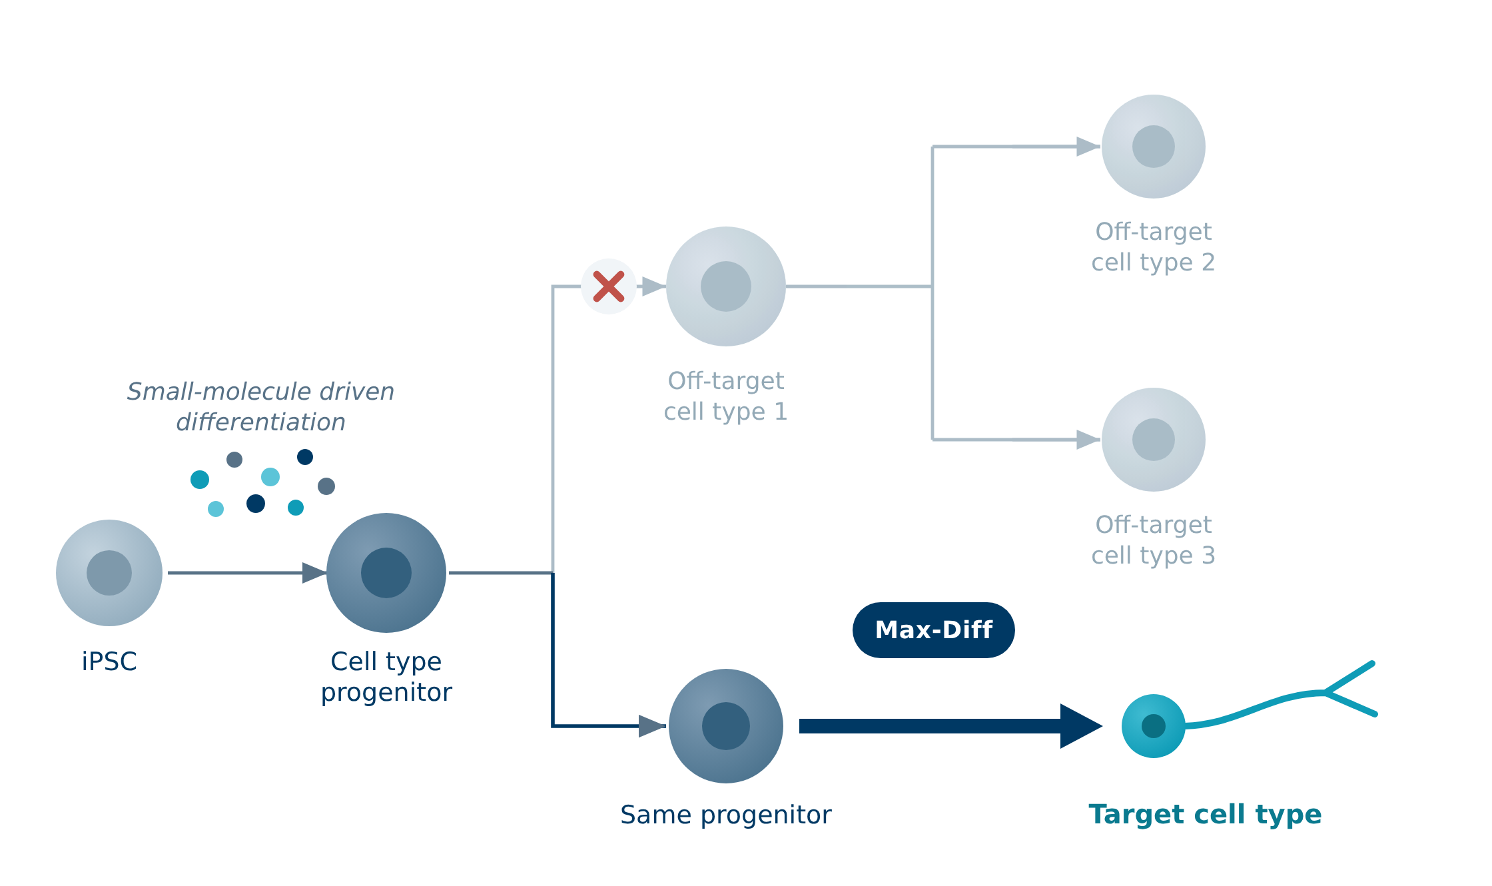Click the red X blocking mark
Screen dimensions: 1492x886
[609, 286]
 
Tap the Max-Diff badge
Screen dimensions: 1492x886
[933, 630]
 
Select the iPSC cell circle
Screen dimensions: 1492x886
[109, 573]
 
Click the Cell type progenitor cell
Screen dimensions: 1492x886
[386, 573]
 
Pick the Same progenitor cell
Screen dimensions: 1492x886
[726, 726]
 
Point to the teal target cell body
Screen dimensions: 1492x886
[1154, 726]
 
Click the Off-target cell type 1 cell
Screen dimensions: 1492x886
[726, 286]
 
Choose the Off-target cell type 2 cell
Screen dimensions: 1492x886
[1154, 147]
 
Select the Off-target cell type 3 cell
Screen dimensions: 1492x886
[1154, 440]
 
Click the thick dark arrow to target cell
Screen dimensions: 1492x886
[950, 726]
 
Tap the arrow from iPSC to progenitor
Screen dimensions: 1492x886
[247, 573]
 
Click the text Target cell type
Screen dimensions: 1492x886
[1205, 815]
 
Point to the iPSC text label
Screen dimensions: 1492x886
[109, 662]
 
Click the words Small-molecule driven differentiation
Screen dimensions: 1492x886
[260, 406]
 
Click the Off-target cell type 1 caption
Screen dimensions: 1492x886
[726, 396]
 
